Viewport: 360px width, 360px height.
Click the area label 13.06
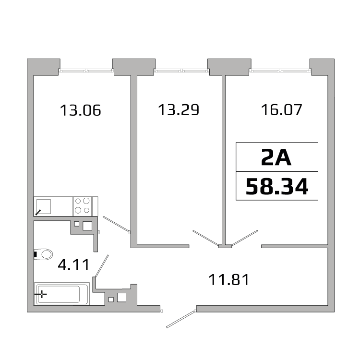click(81, 110)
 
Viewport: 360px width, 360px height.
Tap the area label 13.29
click(178, 110)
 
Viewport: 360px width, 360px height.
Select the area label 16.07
click(281, 110)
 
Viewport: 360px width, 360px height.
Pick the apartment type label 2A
click(276, 156)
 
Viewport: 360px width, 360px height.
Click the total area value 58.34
click(276, 186)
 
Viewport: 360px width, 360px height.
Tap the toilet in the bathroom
click(45, 254)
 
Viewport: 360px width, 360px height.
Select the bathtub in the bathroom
click(61, 294)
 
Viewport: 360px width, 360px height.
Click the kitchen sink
click(45, 206)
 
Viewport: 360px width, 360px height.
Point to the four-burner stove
click(82, 206)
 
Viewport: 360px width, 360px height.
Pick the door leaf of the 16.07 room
click(244, 238)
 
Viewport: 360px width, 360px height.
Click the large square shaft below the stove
click(87, 226)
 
